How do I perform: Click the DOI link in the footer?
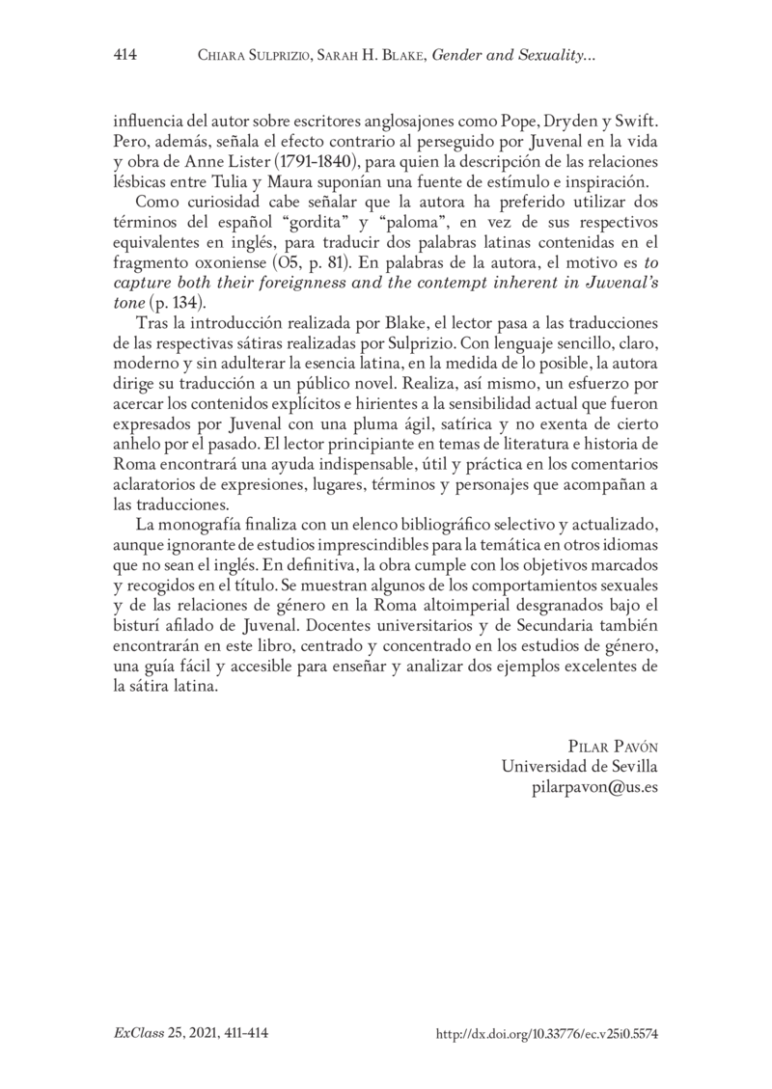click(546, 1032)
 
